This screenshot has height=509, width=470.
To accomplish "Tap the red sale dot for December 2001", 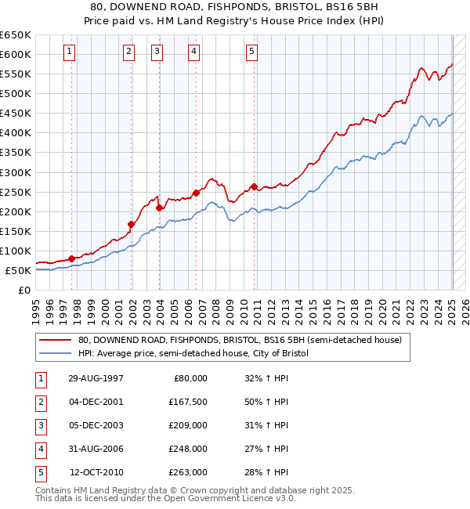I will coord(132,224).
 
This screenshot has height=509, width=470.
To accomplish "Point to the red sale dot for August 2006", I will coord(195,192).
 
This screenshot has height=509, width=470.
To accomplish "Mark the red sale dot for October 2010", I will coord(254,186).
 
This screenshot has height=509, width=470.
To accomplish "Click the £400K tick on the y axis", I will coord(16,132).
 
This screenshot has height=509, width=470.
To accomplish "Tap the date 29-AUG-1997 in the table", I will coord(96,378).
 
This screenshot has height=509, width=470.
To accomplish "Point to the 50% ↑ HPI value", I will coord(266,402).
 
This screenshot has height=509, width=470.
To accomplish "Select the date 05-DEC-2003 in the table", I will coord(96,425).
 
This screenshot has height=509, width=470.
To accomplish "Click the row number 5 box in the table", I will coord(40,472).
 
